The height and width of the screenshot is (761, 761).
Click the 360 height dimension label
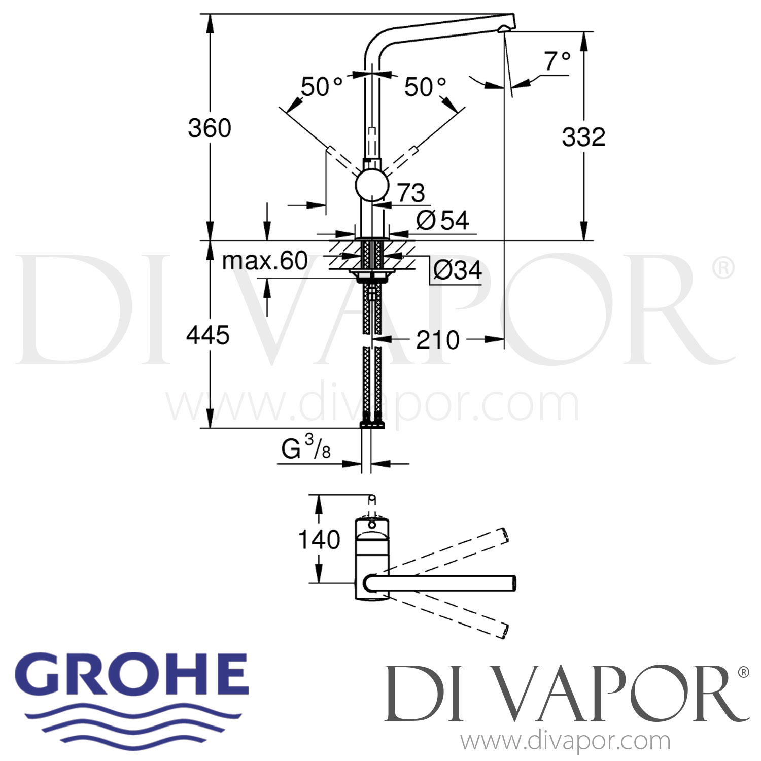pos(209,128)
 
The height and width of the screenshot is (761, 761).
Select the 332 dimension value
pos(583,137)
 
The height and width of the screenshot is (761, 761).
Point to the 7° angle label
pos(557,61)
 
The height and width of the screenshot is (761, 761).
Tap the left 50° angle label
pos(322,87)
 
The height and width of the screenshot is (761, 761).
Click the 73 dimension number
pos(410,193)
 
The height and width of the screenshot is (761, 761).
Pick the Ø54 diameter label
pos(442,220)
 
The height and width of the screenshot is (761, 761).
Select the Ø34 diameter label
pos(457,270)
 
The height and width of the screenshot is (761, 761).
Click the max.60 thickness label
pos(265,261)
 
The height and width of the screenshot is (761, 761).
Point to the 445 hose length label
pos(207,335)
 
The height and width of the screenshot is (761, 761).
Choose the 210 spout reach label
pos(437,340)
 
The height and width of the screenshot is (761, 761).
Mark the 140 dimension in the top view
pos(319,540)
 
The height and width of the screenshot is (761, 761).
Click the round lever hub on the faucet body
pos(372,186)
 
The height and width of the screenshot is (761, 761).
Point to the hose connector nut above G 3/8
pos(372,424)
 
